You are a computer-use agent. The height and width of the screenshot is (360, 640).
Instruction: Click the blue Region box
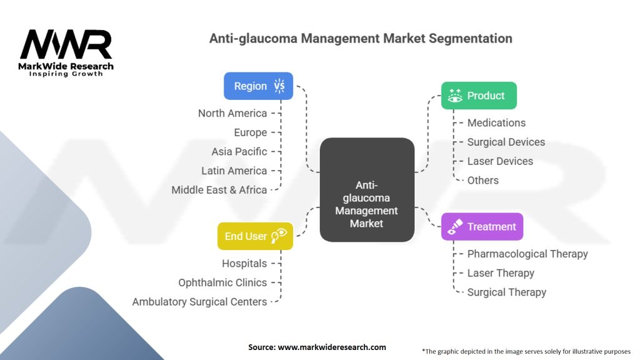pyautogui.click(x=258, y=86)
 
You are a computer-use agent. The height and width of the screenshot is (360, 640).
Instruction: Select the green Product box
pyautogui.click(x=479, y=96)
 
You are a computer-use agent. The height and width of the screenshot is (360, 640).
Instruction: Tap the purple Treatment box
pyautogui.click(x=482, y=227)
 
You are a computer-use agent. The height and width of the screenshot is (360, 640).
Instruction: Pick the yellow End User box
pyautogui.click(x=254, y=236)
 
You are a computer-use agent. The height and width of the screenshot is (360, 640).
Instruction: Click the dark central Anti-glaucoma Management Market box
pyautogui.click(x=367, y=190)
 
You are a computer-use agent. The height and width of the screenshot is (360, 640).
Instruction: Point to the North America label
pyautogui.click(x=232, y=113)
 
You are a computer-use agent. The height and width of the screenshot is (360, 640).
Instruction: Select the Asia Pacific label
pyautogui.click(x=239, y=151)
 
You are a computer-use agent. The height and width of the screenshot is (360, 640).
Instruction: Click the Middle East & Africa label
pyautogui.click(x=219, y=189)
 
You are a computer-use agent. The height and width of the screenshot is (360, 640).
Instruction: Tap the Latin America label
pyautogui.click(x=234, y=171)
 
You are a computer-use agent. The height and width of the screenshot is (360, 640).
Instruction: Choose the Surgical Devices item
pyautogui.click(x=506, y=142)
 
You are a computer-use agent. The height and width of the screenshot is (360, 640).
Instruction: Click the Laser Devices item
pyautogui.click(x=500, y=161)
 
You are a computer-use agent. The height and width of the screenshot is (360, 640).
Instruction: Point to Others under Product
pyautogui.click(x=483, y=180)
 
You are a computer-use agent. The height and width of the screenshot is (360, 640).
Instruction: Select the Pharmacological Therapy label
pyautogui.click(x=527, y=254)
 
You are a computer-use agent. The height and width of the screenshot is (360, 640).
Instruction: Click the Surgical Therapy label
pyautogui.click(x=507, y=292)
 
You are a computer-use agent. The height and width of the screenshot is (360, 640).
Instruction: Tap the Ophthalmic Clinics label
pyautogui.click(x=222, y=282)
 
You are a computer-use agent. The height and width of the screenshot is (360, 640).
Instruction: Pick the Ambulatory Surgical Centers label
pyautogui.click(x=199, y=302)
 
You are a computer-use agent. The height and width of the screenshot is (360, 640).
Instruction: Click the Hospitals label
pyautogui.click(x=244, y=264)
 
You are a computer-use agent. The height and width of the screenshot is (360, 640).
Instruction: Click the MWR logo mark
pyautogui.click(x=66, y=45)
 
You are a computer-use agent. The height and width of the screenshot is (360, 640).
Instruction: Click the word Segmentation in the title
pyautogui.click(x=470, y=38)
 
